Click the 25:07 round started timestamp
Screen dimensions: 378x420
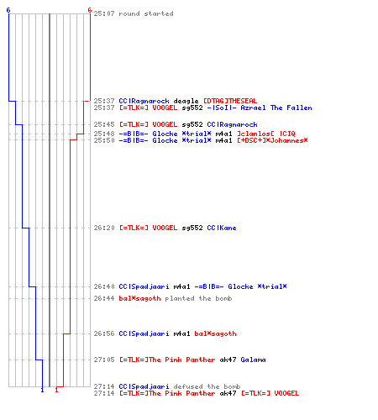(x=104, y=13)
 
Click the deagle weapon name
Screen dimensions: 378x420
(x=186, y=101)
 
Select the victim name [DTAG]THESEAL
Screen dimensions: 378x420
(x=230, y=101)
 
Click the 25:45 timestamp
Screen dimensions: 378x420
(x=104, y=124)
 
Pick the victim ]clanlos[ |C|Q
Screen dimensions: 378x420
(x=266, y=134)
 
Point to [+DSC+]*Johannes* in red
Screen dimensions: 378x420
(x=272, y=140)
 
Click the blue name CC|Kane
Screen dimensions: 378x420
(x=222, y=228)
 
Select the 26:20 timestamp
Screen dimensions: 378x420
(x=104, y=228)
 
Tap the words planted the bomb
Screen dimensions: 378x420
(x=198, y=298)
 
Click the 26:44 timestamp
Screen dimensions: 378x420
(x=104, y=298)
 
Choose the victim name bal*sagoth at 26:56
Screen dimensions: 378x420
(x=215, y=333)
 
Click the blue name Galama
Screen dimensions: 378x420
(x=253, y=360)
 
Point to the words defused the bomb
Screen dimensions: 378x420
(x=207, y=386)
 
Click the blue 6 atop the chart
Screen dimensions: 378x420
(x=8, y=10)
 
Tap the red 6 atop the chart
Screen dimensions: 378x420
(x=89, y=10)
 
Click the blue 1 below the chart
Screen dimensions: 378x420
(x=42, y=390)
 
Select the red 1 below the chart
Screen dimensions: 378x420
(x=56, y=390)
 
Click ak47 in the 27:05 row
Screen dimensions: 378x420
(x=228, y=360)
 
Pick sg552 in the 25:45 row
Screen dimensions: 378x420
(x=192, y=124)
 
